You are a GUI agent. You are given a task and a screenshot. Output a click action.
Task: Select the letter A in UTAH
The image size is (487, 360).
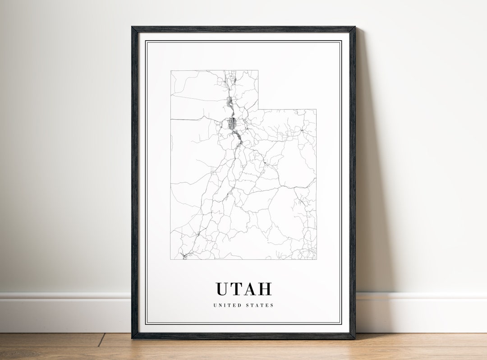pyautogui.click(x=252, y=289)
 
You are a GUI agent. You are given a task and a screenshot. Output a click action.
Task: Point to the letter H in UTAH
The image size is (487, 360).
pyautogui.click(x=265, y=289)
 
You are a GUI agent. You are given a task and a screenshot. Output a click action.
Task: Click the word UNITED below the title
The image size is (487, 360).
pyautogui.click(x=227, y=305)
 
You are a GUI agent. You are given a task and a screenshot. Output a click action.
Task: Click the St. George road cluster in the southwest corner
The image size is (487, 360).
pyautogui.click(x=184, y=256)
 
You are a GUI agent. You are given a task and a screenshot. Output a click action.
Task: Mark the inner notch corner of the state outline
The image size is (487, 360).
pyautogui.click(x=258, y=109)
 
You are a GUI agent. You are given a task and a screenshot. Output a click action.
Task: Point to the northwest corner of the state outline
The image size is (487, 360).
pyautogui.click(x=170, y=70)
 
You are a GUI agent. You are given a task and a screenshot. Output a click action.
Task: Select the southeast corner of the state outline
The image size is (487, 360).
pyautogui.click(x=316, y=260)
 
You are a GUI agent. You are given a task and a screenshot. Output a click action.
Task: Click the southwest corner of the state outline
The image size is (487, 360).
pyautogui.click(x=170, y=260)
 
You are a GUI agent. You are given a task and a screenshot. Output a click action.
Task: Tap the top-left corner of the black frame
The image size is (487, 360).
pyautogui.click(x=133, y=28)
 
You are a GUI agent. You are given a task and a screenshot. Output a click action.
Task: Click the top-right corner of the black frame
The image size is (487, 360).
pyautogui.click(x=354, y=28)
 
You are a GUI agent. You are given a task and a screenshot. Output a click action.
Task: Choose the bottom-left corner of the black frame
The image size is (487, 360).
pyautogui.click(x=133, y=338)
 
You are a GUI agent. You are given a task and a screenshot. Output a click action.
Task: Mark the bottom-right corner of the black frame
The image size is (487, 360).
pyautogui.click(x=354, y=338)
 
